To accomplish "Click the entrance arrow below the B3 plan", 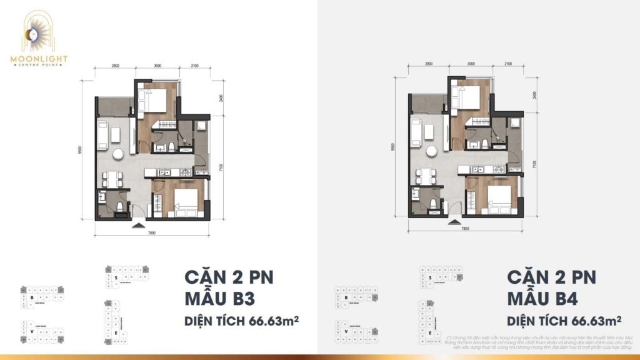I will (138, 223).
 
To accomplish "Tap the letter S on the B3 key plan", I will (116, 276).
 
